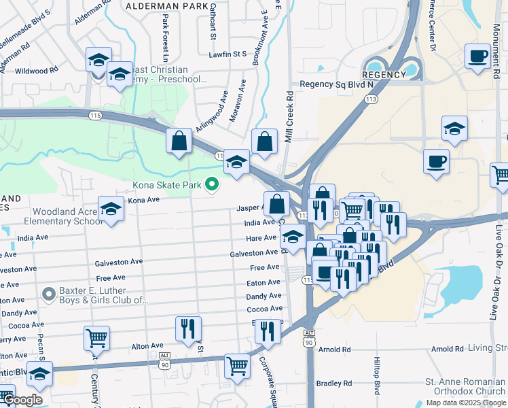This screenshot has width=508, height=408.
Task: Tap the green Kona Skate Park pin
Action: (212, 184)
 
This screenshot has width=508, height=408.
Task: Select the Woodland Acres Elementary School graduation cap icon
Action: (111, 209)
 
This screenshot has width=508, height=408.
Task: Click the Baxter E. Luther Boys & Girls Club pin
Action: (48, 294)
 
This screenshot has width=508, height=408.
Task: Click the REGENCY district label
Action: (384, 75)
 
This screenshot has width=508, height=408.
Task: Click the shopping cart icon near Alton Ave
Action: (96, 337)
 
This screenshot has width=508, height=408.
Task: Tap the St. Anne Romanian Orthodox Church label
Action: (465, 386)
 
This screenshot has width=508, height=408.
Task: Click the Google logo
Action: (22, 400)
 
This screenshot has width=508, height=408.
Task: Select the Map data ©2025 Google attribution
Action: (465, 402)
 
